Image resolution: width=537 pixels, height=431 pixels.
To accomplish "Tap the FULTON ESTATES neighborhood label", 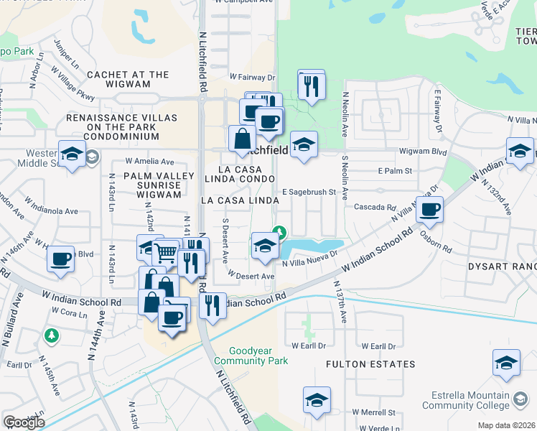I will tap(370, 364).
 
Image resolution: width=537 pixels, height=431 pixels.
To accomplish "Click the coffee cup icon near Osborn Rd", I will tap(429, 210).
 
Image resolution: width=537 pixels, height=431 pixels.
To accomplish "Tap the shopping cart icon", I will tap(166, 252).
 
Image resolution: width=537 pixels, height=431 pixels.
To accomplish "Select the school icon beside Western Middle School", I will tap(72, 154).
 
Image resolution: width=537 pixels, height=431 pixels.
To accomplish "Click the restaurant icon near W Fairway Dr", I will tap(311, 85).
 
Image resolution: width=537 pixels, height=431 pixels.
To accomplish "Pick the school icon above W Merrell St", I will tap(317, 400).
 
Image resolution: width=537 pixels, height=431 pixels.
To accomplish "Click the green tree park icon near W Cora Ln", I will tap(50, 335).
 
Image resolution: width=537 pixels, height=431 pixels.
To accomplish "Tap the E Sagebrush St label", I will tap(309, 192).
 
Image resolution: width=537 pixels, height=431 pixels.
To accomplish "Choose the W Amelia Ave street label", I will tap(149, 162).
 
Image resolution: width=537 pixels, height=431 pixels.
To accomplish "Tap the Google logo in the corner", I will tap(24, 422).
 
